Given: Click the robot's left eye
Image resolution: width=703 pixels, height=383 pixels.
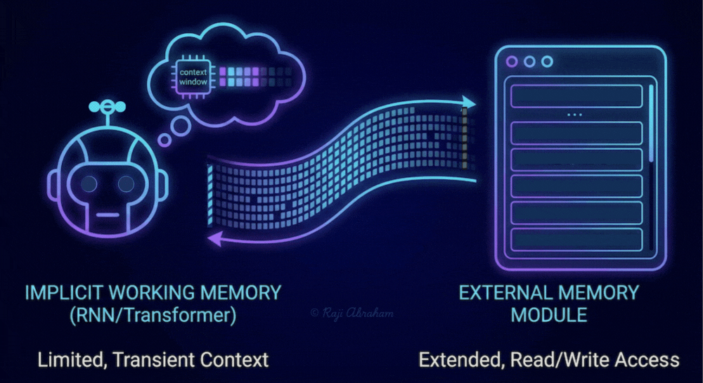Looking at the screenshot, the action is pos(89,183).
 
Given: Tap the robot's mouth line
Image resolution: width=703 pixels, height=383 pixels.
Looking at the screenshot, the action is pos(108,215).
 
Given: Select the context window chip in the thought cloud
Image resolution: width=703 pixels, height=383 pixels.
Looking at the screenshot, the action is pos(193,77).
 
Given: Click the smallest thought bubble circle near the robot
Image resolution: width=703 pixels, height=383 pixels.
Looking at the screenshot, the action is pos(165,141).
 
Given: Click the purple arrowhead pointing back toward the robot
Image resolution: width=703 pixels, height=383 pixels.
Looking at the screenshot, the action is pos(215,239).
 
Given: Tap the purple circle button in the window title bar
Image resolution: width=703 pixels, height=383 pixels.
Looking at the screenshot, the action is pos(512,61).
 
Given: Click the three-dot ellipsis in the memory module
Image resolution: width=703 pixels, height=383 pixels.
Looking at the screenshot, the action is pos(575,115).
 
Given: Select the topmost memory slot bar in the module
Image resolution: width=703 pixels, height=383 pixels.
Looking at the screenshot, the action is pos(576,96).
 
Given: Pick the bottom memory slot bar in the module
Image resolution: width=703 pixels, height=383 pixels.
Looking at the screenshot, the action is pos(576,240).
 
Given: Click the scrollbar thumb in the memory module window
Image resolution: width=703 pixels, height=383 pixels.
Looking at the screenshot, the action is pos(651,123).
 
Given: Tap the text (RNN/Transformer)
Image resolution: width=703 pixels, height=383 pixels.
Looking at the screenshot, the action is pos(153,316).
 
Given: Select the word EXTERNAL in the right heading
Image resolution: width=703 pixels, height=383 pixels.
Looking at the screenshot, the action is pos(503,293).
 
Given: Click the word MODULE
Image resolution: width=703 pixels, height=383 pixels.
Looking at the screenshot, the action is pos(549,316).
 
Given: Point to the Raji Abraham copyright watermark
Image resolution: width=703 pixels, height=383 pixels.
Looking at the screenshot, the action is pos(352,313).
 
